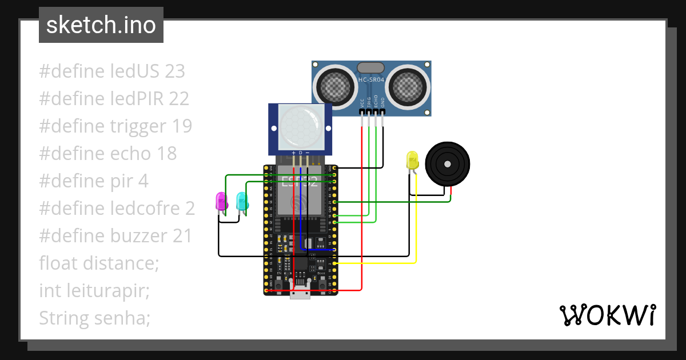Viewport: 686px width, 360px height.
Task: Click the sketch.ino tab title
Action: (101, 25)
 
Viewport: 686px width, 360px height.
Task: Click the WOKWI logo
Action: (607, 315)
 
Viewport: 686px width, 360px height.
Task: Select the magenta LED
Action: (221, 201)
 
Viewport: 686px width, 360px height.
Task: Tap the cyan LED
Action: (242, 201)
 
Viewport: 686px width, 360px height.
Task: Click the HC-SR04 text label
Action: (371, 80)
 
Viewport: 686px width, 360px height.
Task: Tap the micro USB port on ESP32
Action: (300, 293)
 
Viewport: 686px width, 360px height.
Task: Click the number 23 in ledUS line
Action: (174, 71)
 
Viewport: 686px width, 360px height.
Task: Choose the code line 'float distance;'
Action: (98, 263)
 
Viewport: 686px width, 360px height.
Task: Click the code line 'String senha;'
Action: (95, 318)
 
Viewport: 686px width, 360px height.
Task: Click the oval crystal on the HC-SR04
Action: (371, 67)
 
